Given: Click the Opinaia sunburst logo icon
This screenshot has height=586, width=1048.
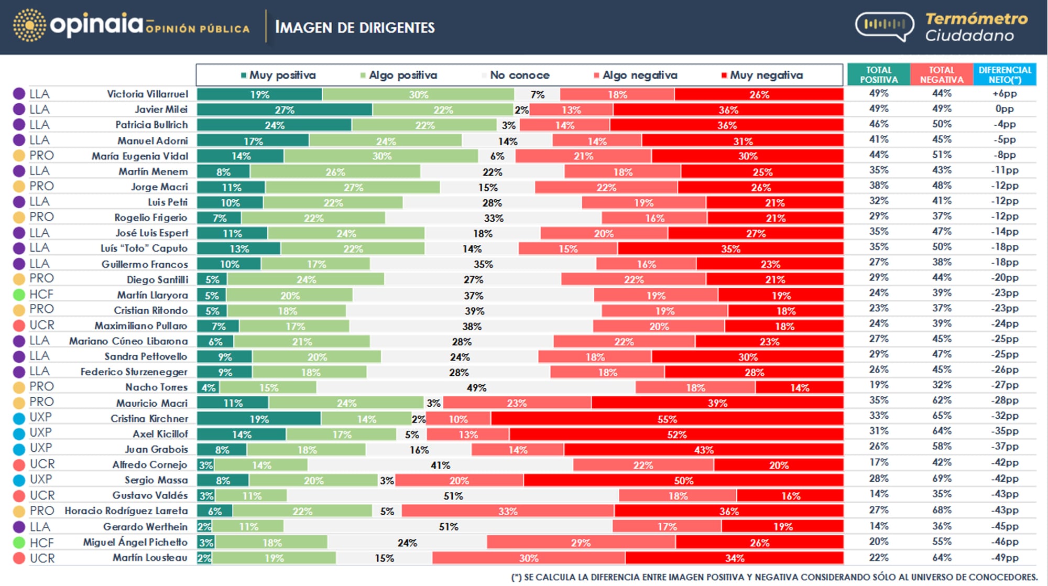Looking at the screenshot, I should (29, 25).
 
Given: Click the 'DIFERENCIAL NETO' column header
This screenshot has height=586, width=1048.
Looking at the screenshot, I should (1005, 75).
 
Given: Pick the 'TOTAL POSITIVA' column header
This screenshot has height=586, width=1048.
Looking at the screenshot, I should (879, 75).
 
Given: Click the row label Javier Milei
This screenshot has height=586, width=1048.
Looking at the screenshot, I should (161, 110).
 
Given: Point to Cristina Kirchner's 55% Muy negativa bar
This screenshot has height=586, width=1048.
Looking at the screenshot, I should (667, 419).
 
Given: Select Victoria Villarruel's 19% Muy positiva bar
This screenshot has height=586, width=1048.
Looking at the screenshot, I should (259, 94).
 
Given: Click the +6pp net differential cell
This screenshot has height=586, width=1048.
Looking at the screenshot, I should (1005, 94).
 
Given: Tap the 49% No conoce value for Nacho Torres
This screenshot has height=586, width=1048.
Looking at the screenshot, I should (476, 388).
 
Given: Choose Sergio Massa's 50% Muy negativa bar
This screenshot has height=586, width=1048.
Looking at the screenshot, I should (683, 480).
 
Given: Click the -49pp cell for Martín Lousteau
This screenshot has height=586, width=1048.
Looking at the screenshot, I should (1005, 558).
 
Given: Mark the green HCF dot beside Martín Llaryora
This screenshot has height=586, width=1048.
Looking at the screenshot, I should (19, 295).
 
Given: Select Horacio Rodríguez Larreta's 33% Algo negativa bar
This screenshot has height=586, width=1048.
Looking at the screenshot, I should (508, 511).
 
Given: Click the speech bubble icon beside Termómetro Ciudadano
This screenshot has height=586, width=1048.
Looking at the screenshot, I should (885, 26).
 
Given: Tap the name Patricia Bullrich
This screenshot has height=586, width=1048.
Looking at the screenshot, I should (151, 125).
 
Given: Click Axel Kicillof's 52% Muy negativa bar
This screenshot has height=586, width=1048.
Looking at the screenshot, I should (676, 435).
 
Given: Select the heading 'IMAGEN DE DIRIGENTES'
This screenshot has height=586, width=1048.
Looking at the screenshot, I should (355, 27).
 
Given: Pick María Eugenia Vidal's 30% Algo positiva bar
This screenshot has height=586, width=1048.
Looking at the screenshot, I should (381, 156).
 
